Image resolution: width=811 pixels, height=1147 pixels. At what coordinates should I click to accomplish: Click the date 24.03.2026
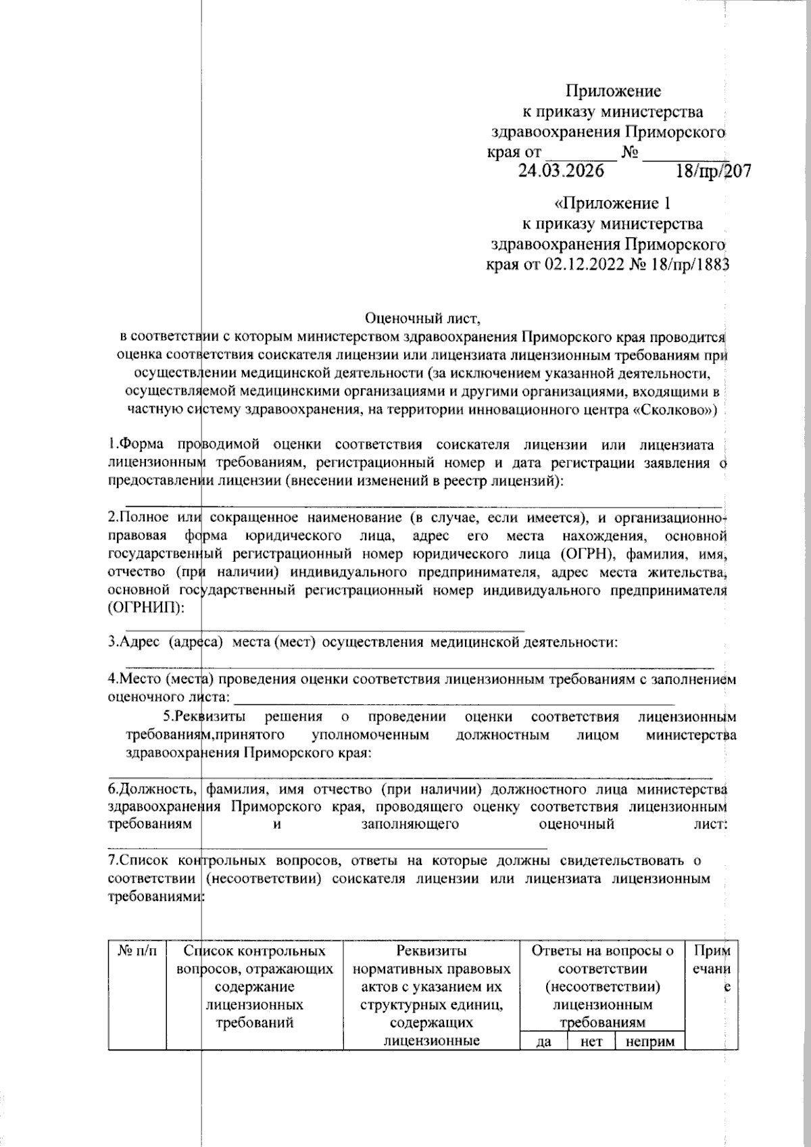coord(561,171)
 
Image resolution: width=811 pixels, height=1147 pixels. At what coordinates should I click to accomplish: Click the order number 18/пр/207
coord(713,172)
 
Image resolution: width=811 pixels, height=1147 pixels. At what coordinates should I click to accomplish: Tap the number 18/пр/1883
coord(687,264)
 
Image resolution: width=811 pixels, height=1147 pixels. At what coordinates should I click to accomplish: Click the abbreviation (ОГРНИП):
coord(145,608)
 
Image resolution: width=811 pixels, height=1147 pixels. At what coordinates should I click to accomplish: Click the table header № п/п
coord(137,951)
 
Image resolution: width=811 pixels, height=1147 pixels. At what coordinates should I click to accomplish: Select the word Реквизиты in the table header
coord(431,951)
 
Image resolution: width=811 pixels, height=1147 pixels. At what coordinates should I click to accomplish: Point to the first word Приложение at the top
coord(613,91)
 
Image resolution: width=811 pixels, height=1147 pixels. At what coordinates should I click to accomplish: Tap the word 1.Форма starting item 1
coord(138,445)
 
